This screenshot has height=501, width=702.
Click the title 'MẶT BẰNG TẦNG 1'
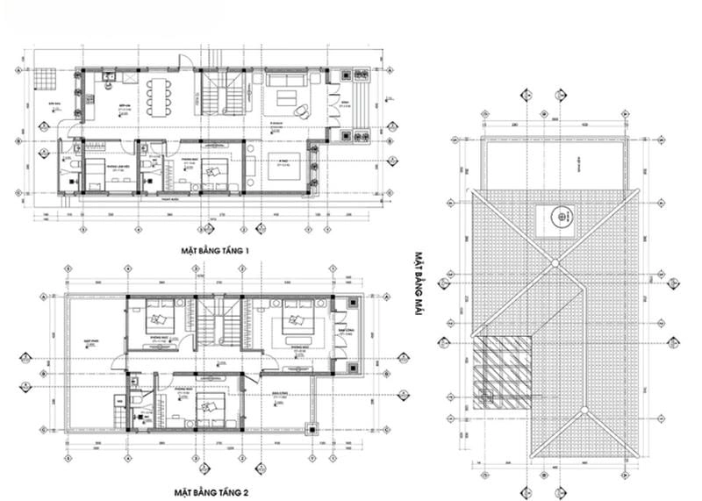[217, 251]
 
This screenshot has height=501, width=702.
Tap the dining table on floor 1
[159, 97]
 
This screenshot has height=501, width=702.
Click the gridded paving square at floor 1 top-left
[45, 80]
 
